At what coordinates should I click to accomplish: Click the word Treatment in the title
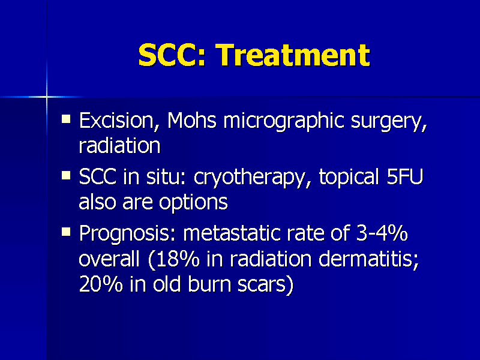point(292,55)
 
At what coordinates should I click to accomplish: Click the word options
point(193,203)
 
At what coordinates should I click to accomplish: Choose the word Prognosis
point(129,233)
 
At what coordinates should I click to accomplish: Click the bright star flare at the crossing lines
point(46,96)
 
